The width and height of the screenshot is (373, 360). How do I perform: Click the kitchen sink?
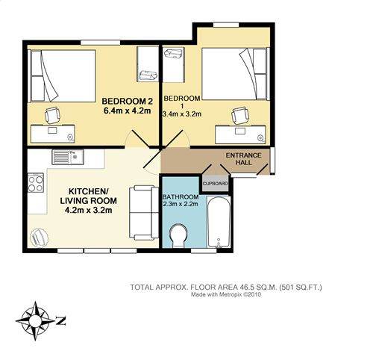tap(68, 157)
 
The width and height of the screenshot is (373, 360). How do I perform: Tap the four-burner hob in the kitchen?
tap(36, 183)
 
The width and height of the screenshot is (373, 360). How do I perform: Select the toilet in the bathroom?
tap(179, 236)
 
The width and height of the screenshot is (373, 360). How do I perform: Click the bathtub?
tap(219, 222)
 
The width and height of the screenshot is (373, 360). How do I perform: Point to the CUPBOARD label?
tap(216, 184)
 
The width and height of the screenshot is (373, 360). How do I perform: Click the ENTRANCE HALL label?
tap(243, 159)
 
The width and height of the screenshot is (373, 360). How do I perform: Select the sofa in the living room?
tap(144, 213)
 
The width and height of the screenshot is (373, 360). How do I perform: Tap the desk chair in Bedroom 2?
tap(52, 115)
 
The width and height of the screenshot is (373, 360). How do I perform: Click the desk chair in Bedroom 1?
tap(239, 115)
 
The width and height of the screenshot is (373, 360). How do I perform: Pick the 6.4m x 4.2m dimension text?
tap(127, 111)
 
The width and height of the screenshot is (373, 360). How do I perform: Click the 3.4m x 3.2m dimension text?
tap(182, 114)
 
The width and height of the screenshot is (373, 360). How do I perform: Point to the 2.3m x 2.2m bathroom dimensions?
tap(181, 204)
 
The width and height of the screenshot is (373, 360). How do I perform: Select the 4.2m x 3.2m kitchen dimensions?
tap(88, 211)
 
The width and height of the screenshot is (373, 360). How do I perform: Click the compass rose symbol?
tap(35, 320)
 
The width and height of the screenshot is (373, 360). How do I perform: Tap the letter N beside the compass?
tap(61, 321)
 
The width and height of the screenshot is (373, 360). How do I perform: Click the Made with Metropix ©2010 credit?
tap(226, 294)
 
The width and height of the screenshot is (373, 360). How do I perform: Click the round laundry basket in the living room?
tap(39, 237)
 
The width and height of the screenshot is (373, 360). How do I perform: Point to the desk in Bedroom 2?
tap(53, 134)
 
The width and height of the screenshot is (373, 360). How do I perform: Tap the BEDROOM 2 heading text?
tap(127, 102)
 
